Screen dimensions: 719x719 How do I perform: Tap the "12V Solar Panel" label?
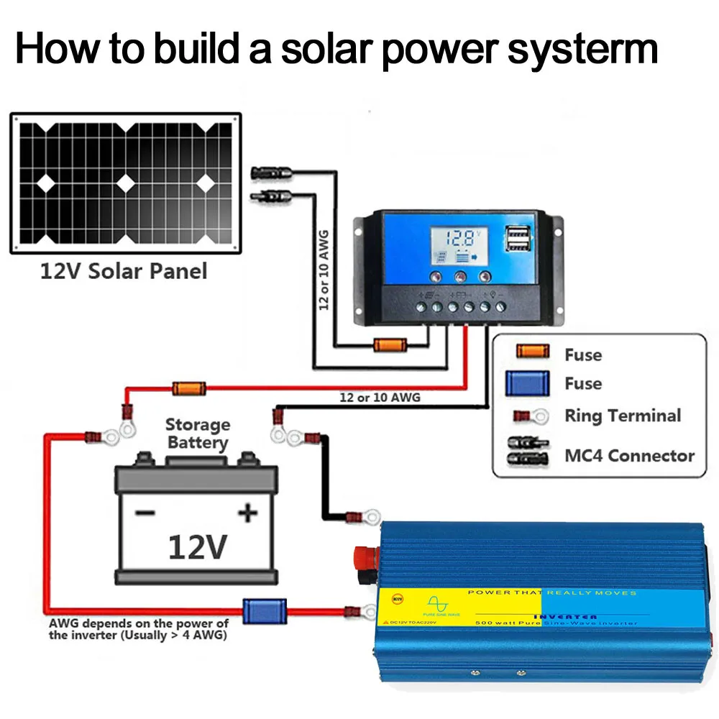[123, 271]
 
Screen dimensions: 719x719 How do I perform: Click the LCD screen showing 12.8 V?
[461, 246]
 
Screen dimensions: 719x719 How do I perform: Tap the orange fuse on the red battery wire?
[189, 389]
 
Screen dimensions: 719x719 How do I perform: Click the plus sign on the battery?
[247, 513]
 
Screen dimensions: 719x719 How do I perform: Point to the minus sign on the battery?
[145, 513]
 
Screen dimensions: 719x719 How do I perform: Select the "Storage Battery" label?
[197, 434]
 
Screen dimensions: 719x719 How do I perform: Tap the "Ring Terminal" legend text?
[622, 416]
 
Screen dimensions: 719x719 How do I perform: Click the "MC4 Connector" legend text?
[629, 456]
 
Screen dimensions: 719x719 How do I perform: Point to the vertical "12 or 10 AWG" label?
[323, 270]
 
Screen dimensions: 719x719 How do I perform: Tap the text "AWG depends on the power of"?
[139, 623]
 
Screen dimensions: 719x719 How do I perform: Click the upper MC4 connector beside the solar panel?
[270, 173]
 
